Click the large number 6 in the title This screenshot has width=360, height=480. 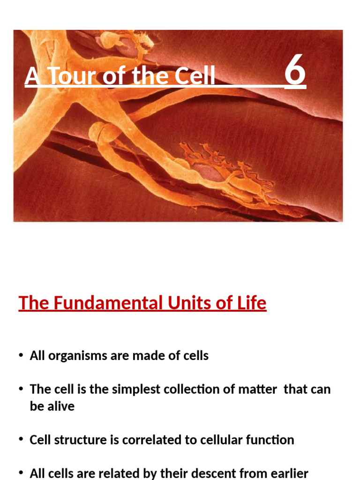(295, 73)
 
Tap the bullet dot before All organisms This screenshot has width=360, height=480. (21, 356)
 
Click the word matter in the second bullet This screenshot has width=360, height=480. (260, 390)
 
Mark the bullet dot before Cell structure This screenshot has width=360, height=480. (21, 440)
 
